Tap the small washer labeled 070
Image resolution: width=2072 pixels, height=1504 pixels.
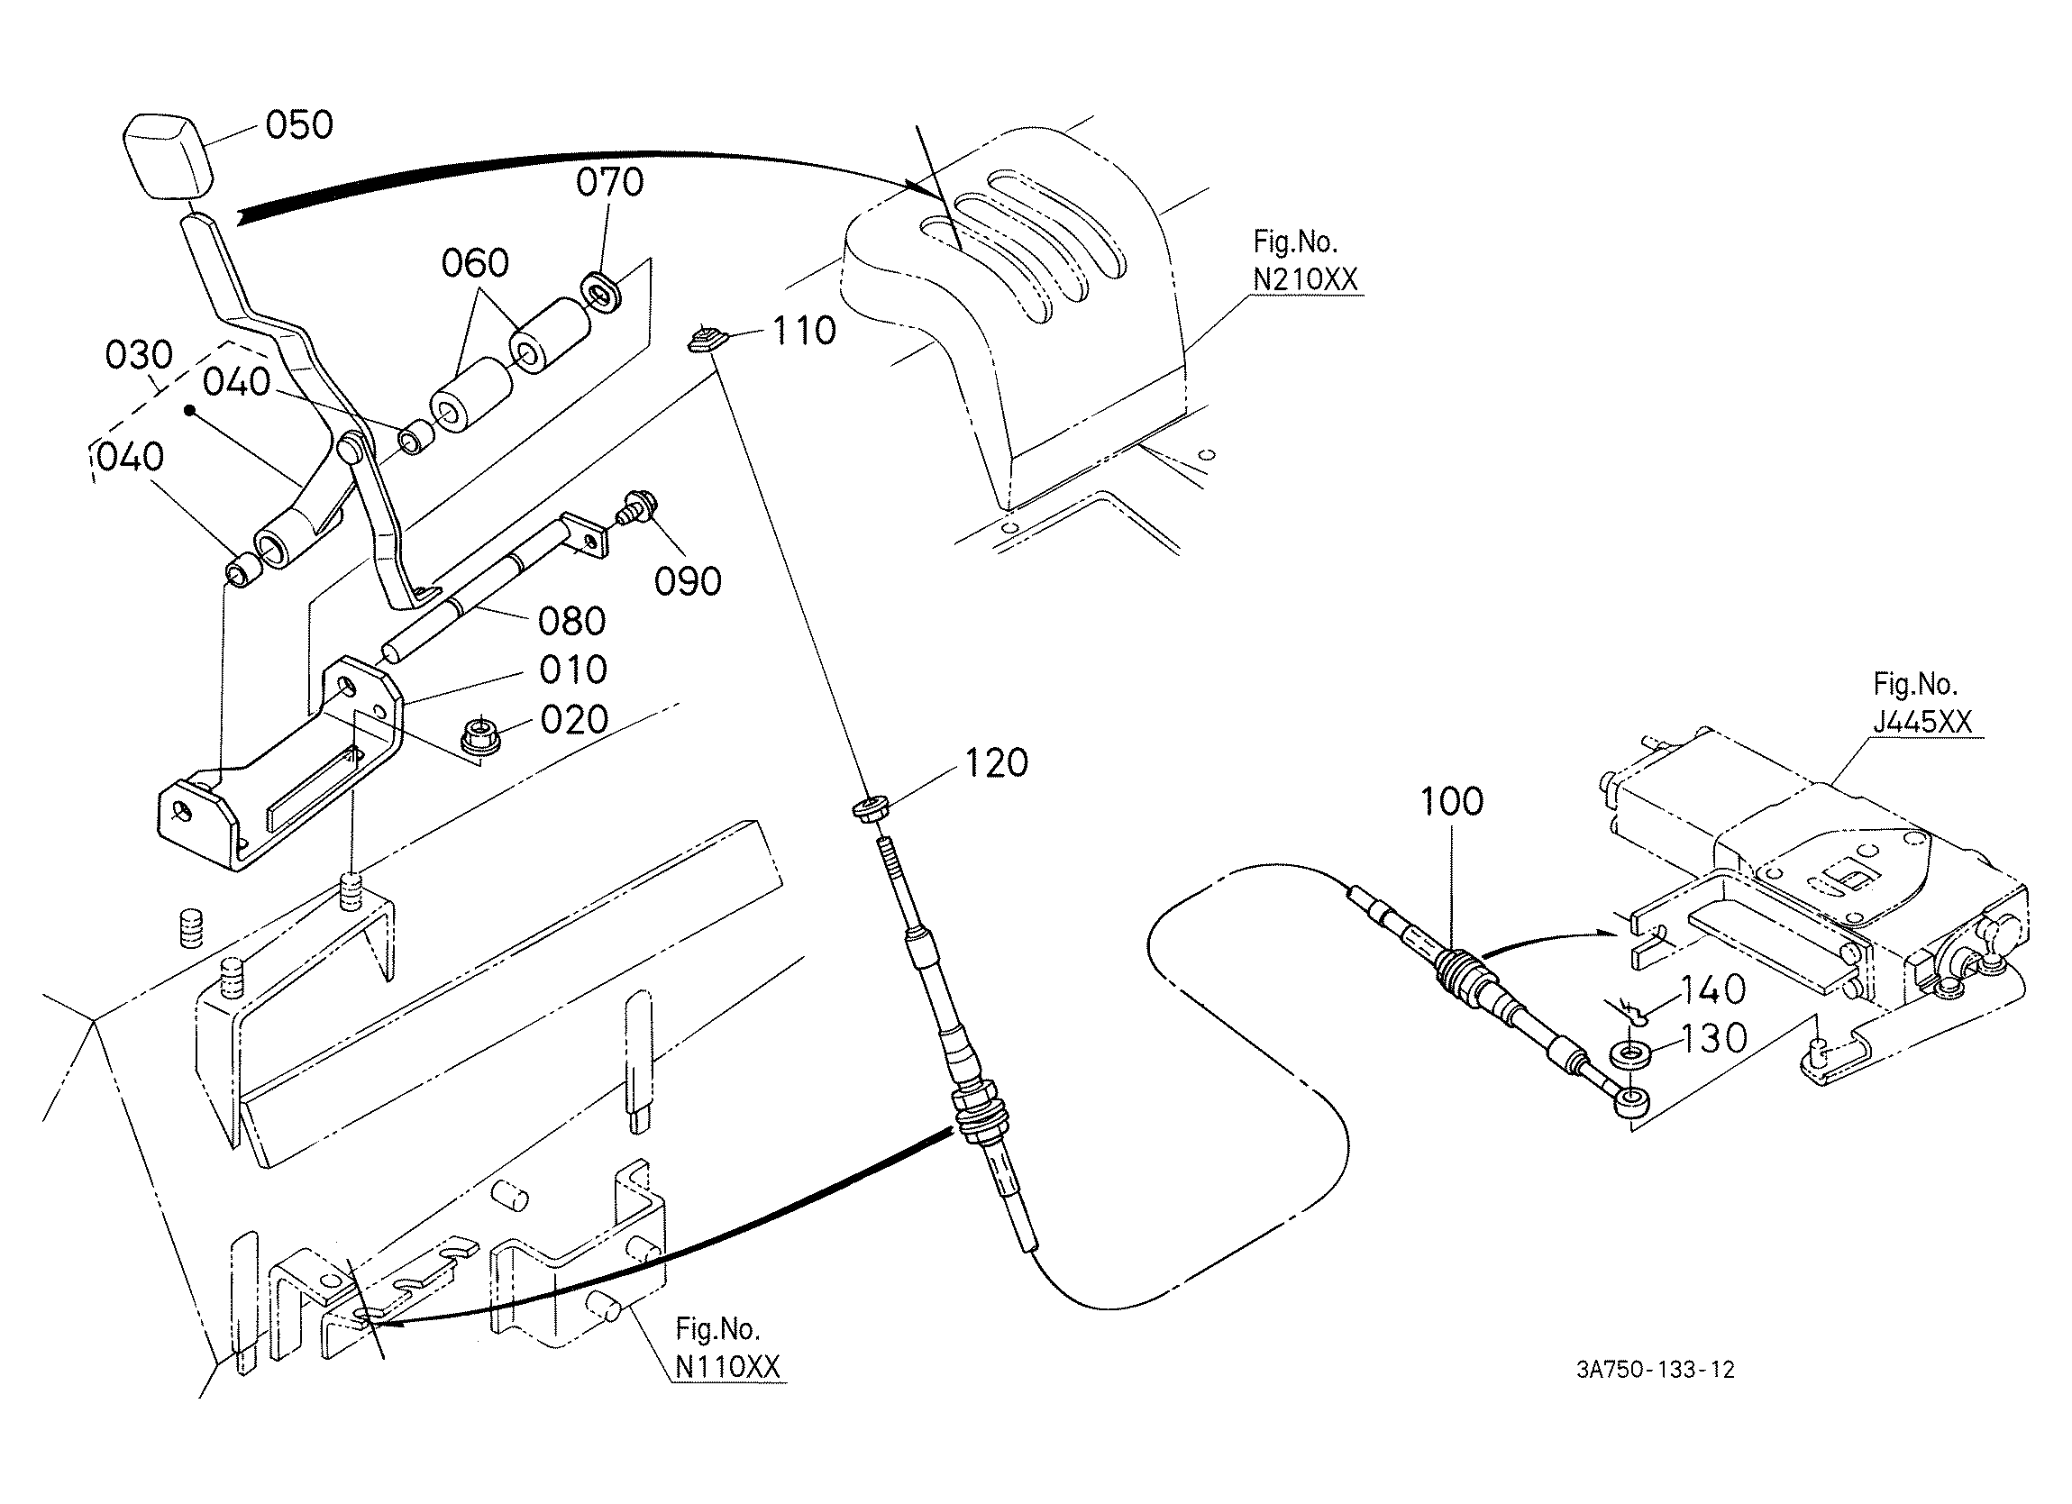(599, 288)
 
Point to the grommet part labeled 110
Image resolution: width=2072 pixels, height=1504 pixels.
(707, 342)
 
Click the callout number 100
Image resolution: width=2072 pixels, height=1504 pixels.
(1452, 801)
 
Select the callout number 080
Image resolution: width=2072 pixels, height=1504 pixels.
(572, 622)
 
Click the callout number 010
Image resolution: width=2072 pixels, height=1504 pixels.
(573, 670)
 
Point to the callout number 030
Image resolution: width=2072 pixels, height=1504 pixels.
(139, 354)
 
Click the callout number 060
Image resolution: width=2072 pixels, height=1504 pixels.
(475, 263)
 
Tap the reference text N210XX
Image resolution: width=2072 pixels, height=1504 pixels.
(1306, 279)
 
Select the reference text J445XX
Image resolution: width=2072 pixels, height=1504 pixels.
(1922, 722)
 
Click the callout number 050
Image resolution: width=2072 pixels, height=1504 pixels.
(299, 124)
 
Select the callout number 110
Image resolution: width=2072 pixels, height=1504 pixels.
(804, 331)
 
